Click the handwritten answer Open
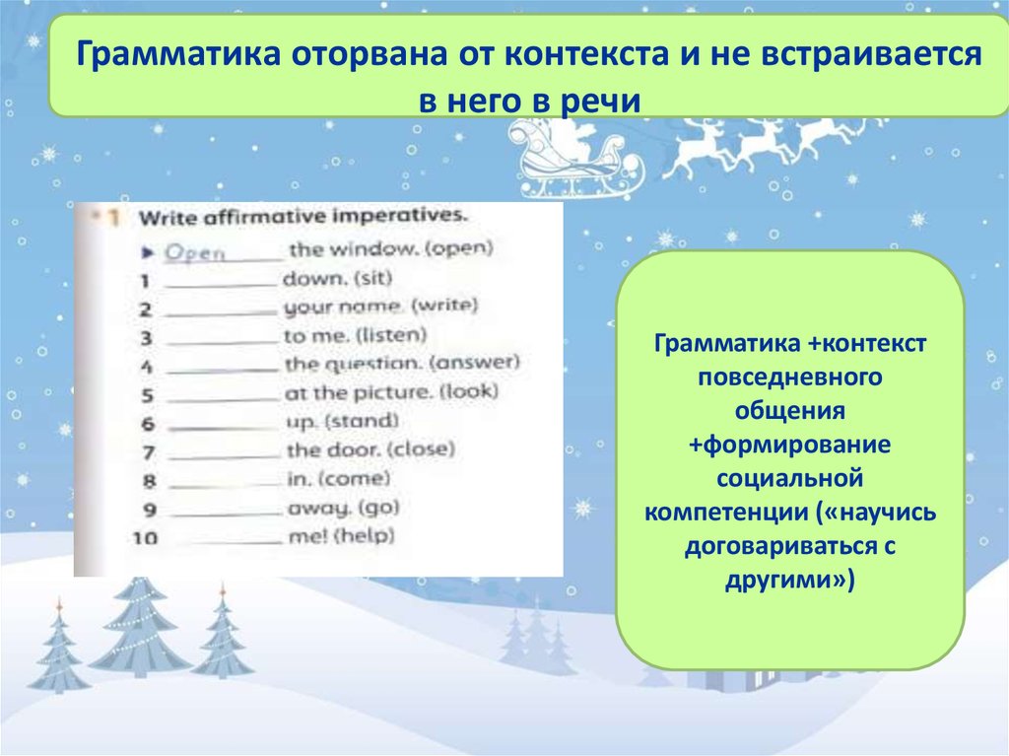click(x=194, y=251)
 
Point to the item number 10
click(x=146, y=539)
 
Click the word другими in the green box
click(x=785, y=581)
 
